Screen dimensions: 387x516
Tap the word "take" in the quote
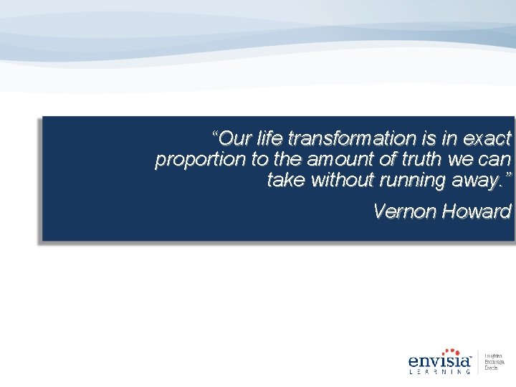tap(285, 180)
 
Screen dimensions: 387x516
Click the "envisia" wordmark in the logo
tap(438, 360)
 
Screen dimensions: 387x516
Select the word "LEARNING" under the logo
tap(439, 372)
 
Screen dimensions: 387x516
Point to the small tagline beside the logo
tap(492, 362)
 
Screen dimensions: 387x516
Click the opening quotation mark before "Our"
tap(216, 134)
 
